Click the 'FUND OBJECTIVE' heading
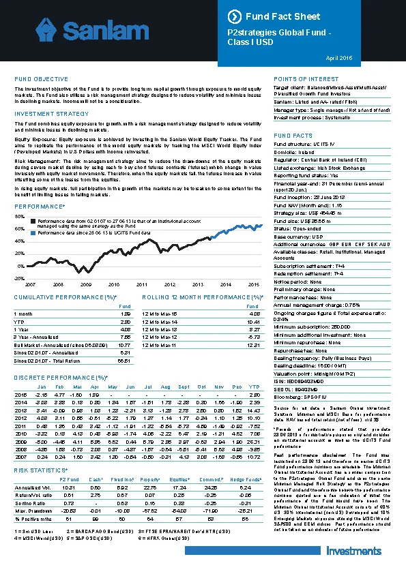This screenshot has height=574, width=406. point(41,80)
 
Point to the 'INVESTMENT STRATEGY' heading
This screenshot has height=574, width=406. point(51,113)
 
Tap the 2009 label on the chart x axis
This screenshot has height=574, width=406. point(85,284)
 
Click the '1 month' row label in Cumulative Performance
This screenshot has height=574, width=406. point(24,314)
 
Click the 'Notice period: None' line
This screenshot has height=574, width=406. point(298,282)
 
